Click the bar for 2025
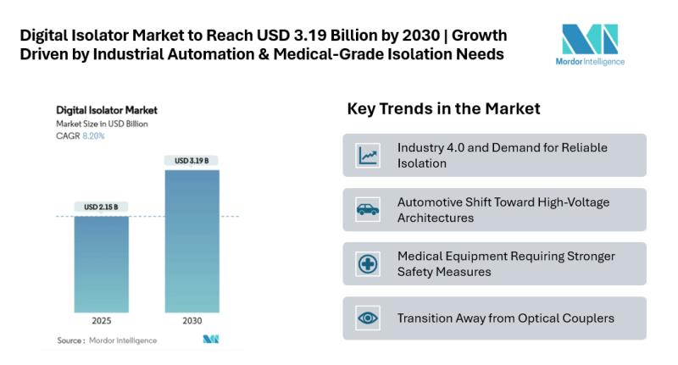click(101, 264)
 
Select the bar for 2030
click(192, 241)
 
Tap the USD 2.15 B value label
click(101, 207)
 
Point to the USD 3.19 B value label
click(192, 161)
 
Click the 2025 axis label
click(101, 322)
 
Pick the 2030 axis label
click(192, 322)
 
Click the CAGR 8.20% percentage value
click(93, 135)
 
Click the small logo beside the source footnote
click(211, 340)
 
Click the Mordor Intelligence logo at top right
click(592, 44)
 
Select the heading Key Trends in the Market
click(443, 108)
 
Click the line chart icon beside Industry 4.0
click(368, 155)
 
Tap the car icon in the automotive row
click(368, 209)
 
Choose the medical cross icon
click(368, 263)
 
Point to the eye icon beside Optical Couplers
click(368, 318)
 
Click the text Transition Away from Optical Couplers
click(505, 318)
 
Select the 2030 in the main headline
click(420, 36)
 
